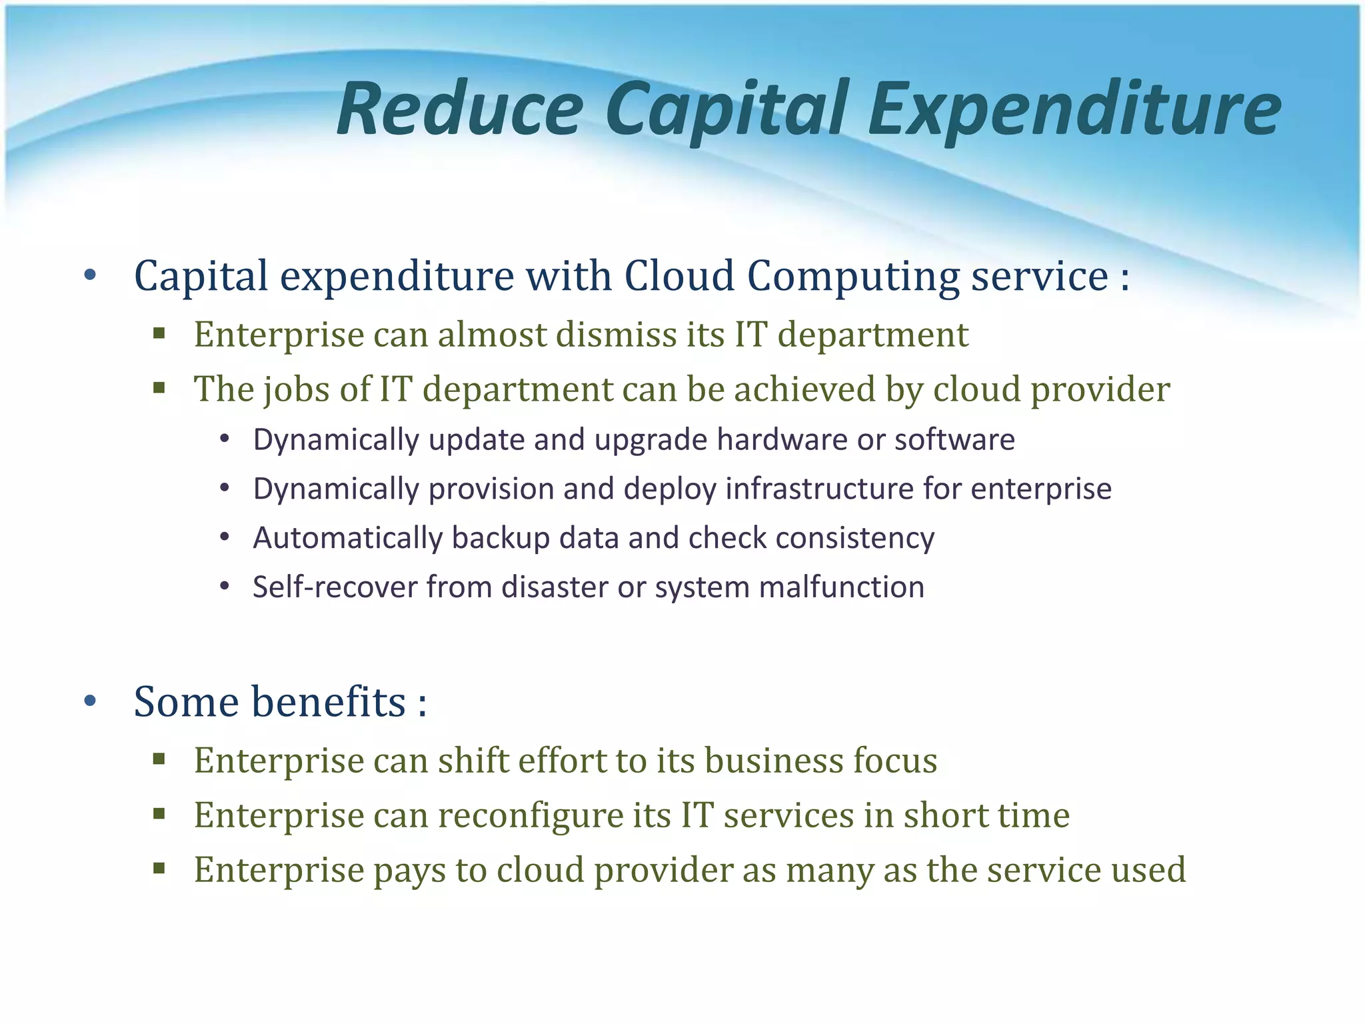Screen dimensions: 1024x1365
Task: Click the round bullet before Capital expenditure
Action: [x=91, y=275]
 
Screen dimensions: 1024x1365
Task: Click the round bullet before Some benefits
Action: [x=91, y=701]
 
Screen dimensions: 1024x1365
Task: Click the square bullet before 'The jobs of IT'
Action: [x=159, y=388]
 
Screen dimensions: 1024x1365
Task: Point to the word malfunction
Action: [x=841, y=587]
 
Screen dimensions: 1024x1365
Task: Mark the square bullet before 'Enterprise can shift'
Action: [x=159, y=759]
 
